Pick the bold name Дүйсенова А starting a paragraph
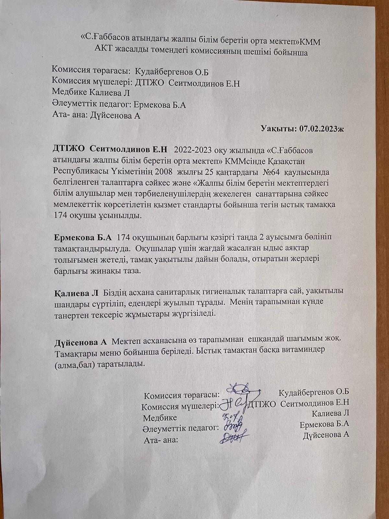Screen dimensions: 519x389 [x=80, y=343]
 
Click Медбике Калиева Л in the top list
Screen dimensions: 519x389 [x=91, y=93]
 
